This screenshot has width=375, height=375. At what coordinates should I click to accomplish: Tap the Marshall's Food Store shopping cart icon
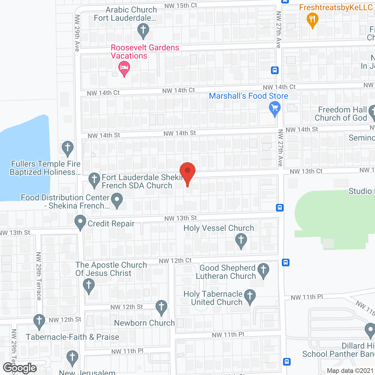coord(275,108)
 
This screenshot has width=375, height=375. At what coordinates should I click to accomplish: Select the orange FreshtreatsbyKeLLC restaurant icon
coord(312,20)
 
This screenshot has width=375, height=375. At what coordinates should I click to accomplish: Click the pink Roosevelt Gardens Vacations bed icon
coord(124,68)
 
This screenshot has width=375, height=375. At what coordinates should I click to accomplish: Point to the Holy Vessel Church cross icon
coord(241,240)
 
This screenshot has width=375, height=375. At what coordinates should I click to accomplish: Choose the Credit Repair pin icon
coord(80,222)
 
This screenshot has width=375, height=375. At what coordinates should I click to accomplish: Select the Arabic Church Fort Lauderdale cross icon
coord(143,30)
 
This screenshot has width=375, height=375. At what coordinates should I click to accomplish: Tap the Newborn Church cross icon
coord(161,307)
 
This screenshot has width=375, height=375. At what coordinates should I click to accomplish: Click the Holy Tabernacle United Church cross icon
coord(250,296)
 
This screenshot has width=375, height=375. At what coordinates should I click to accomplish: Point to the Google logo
coord(20,368)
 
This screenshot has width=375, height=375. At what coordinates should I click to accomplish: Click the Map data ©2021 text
coord(350,371)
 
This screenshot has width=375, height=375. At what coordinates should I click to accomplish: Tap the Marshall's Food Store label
coord(248,96)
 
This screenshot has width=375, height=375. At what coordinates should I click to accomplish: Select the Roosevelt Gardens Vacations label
coord(145,52)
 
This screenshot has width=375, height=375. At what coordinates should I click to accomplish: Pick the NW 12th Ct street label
coord(175,261)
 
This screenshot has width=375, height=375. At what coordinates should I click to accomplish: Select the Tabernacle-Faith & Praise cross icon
coord(39,321)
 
